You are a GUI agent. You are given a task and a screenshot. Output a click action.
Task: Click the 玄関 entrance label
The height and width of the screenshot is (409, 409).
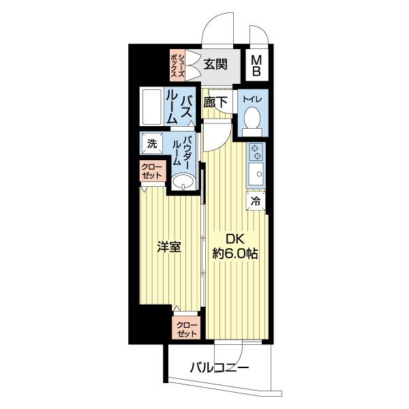pos(215,64)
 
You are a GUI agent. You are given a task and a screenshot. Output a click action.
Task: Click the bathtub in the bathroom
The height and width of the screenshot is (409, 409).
pos(151,107)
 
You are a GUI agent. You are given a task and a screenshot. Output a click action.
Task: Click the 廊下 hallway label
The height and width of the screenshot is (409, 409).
pos(215,102)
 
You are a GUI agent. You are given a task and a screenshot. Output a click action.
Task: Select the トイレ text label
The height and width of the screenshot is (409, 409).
pos(252,100)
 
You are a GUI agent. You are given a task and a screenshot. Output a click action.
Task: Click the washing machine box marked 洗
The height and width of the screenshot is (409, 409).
pos(152,144)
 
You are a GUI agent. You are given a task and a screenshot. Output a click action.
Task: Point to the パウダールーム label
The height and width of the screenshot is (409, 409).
pos(181,151)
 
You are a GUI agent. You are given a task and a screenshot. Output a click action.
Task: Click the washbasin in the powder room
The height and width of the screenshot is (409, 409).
pos(183,182)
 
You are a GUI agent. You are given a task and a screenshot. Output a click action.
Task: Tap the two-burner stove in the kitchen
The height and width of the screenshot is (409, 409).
pos(256,152)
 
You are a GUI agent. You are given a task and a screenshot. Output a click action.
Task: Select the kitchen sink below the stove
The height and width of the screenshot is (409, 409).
pos(256,173)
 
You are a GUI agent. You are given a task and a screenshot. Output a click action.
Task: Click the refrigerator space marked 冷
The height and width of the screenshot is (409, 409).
pos(256,201)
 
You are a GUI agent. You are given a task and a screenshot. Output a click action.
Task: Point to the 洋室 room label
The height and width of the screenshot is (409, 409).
pos(169,247)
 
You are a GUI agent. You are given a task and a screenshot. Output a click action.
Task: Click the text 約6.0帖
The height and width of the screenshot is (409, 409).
pos(235,254)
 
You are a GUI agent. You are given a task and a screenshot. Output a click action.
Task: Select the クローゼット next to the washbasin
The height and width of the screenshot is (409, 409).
pos(152,171)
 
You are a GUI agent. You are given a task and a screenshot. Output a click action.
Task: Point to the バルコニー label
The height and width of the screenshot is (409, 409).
pos(219,368)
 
